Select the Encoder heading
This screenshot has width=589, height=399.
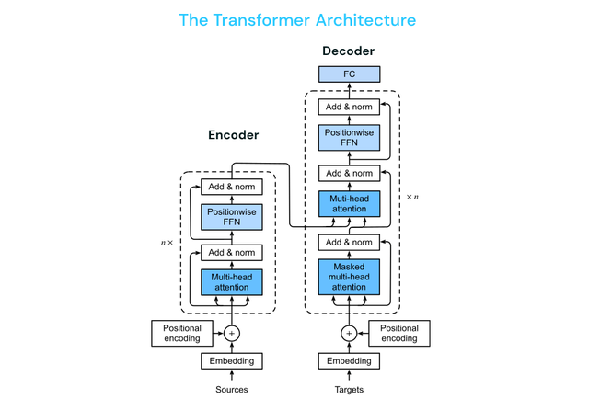pos(233,135)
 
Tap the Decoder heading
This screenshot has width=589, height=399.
pos(347,51)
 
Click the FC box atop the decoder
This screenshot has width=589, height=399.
pos(348,74)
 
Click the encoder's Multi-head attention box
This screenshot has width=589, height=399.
pos(232,281)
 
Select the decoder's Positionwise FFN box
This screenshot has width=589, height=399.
pos(348,139)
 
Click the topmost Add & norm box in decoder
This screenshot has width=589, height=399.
pos(348,108)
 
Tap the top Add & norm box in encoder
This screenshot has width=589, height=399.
pos(232,187)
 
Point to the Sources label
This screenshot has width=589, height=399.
pos(232,390)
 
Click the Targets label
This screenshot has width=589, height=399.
pos(348,390)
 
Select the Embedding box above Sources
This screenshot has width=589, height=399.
pos(232,361)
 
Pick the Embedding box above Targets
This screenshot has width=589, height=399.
pos(348,361)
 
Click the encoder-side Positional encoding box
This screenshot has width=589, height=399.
pos(182,334)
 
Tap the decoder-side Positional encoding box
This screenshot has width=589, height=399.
pos(399,334)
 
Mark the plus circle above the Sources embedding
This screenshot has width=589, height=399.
pos(232,334)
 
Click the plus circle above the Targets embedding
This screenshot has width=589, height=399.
pos(348,334)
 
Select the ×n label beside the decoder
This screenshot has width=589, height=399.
pos(413,197)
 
